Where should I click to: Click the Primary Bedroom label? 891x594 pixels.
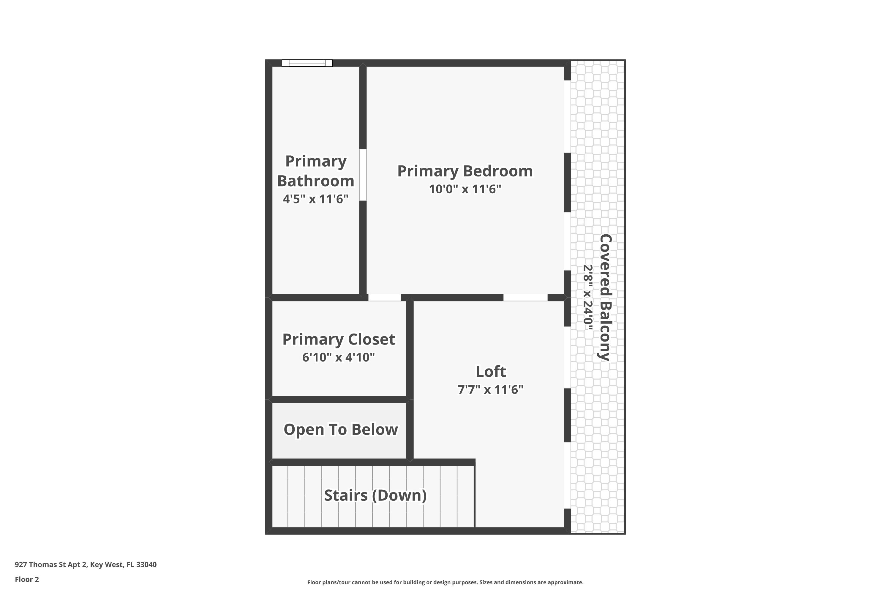coord(465,171)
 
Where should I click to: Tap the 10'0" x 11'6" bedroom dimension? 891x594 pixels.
coord(465,189)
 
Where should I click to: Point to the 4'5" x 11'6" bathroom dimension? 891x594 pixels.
coord(315,199)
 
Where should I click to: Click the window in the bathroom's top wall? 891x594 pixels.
coord(307,63)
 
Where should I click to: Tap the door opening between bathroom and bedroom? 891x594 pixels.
coord(363,175)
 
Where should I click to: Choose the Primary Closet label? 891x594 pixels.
coord(339,339)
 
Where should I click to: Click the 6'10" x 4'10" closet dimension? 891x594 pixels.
coord(339,357)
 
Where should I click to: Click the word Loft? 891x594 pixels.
coord(491,372)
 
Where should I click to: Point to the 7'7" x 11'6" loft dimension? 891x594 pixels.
coord(491,389)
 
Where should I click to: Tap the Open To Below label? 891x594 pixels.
coord(341,429)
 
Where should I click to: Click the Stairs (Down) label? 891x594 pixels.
coord(375,495)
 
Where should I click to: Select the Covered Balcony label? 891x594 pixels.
coord(605,297)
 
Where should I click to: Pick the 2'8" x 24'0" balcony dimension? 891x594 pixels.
coord(588,297)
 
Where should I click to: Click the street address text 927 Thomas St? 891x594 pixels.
coord(86,565)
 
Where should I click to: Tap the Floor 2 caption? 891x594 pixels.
coord(27,579)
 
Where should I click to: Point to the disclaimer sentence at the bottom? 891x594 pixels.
coord(445,582)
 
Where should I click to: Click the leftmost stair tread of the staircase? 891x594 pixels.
coord(280,496)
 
